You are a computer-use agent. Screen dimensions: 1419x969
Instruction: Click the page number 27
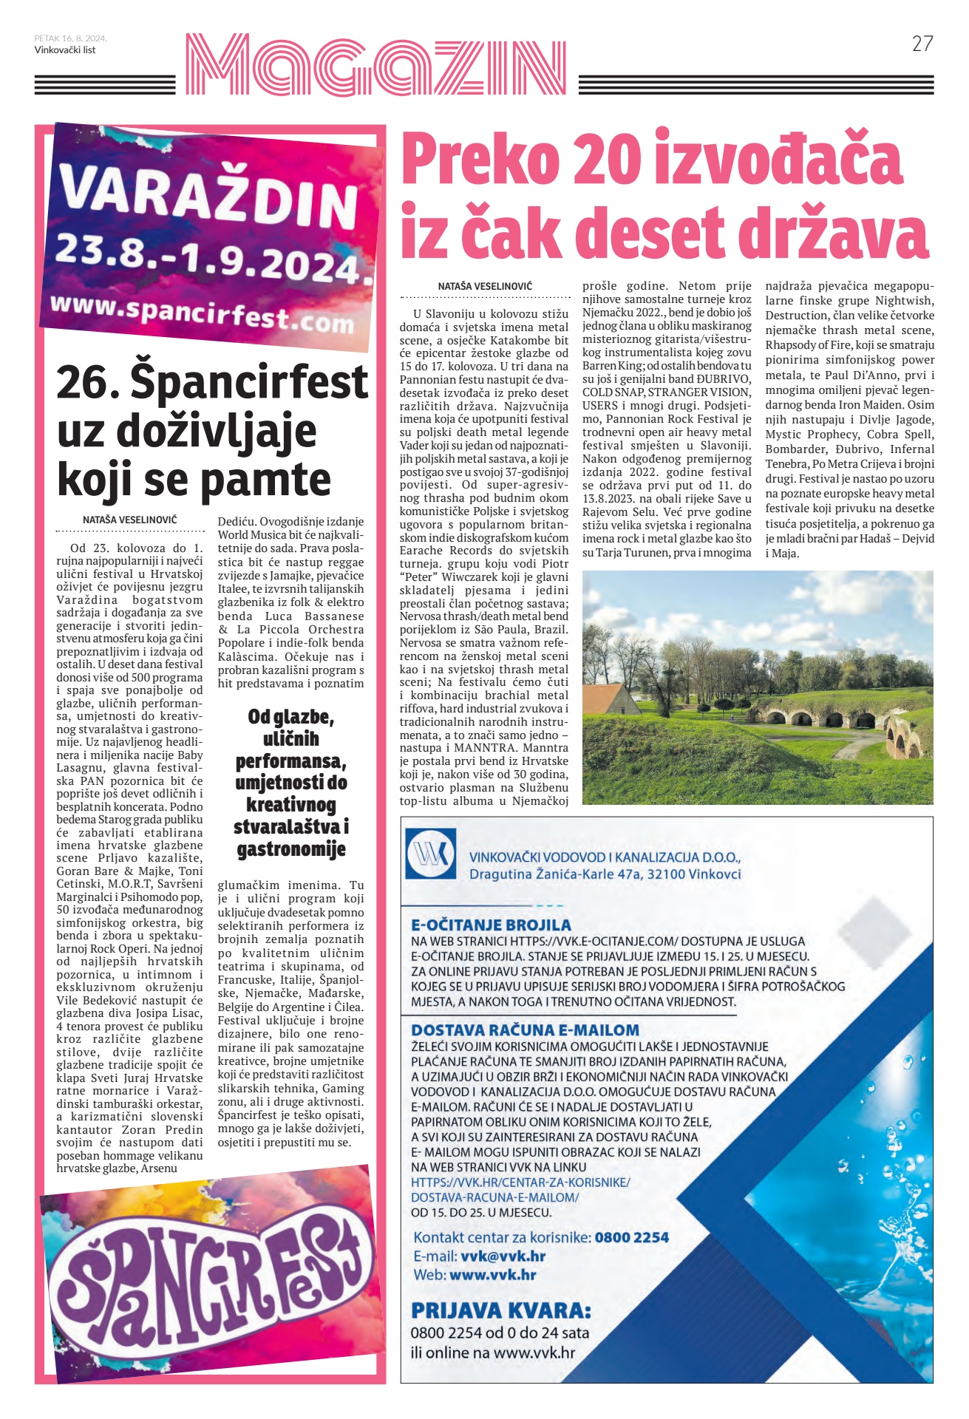[922, 44]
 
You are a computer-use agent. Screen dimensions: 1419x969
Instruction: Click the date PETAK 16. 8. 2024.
[70, 38]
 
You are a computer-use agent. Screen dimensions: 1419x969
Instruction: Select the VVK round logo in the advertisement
[431, 854]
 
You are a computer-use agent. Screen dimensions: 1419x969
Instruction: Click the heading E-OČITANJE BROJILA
[491, 925]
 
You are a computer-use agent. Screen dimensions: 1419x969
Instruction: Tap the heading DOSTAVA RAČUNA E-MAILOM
[525, 1030]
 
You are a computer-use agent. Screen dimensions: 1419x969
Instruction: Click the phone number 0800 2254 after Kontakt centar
[631, 1237]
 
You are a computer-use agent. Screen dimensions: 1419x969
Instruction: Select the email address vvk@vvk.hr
[503, 1256]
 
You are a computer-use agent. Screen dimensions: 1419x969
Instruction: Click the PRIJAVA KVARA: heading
[501, 1310]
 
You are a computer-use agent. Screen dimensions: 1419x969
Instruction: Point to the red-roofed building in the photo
[611, 699]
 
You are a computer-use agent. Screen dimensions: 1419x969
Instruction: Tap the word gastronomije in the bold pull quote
[291, 849]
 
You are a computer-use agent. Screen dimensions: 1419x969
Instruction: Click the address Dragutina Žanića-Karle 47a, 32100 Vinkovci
[605, 874]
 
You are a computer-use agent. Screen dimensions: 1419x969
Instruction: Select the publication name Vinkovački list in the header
[65, 50]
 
